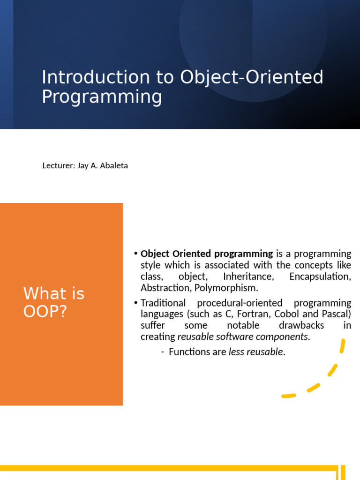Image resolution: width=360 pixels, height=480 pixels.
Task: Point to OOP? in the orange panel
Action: (45, 311)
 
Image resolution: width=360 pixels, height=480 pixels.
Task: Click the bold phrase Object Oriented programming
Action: (207, 254)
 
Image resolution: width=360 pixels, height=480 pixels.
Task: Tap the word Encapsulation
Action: (320, 277)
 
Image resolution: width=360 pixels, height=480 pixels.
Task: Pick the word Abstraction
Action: (165, 288)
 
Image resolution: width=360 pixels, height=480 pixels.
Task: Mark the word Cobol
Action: (290, 314)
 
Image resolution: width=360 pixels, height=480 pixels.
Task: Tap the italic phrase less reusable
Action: (256, 352)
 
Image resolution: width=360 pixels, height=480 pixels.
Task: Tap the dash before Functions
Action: (162, 352)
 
